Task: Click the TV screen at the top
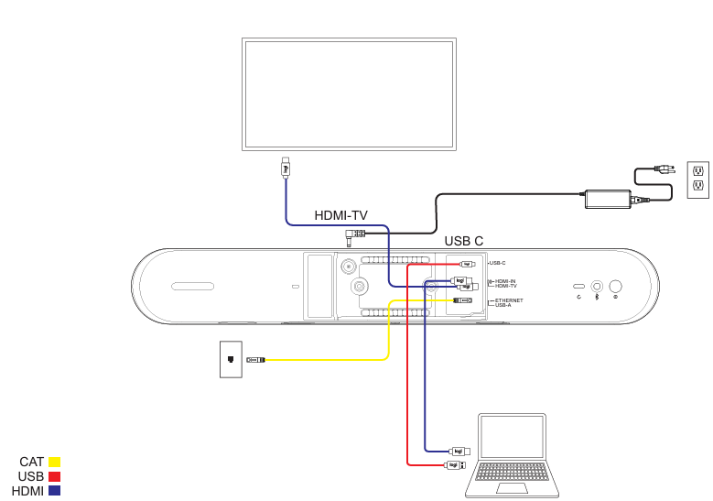click(349, 93)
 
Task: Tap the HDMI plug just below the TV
click(286, 168)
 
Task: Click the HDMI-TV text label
click(340, 215)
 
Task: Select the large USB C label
click(464, 241)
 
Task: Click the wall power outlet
click(698, 180)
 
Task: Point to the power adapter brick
click(608, 199)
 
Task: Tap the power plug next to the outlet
click(664, 169)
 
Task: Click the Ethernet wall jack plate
click(231, 359)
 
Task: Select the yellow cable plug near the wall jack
click(256, 360)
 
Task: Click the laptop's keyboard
click(512, 472)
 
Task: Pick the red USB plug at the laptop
click(455, 465)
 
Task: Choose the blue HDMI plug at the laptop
click(460, 451)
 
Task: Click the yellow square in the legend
click(55, 462)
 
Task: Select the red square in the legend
click(55, 476)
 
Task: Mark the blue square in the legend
click(55, 491)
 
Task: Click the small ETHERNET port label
click(509, 300)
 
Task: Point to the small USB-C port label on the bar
click(497, 264)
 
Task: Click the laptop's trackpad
click(512, 488)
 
